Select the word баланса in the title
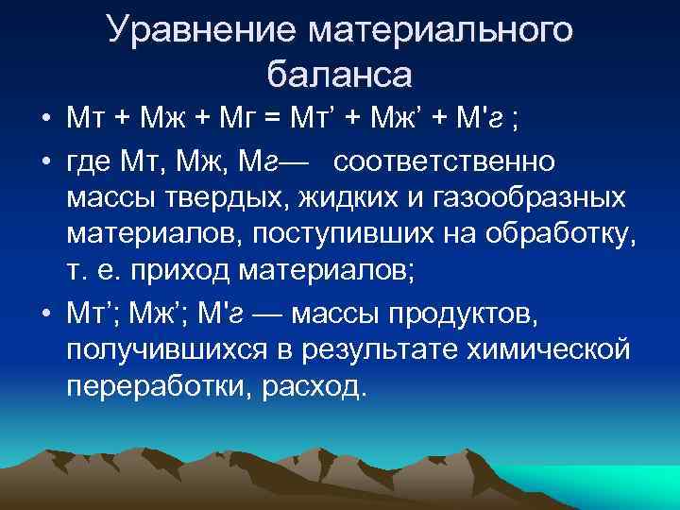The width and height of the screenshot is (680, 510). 339,75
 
